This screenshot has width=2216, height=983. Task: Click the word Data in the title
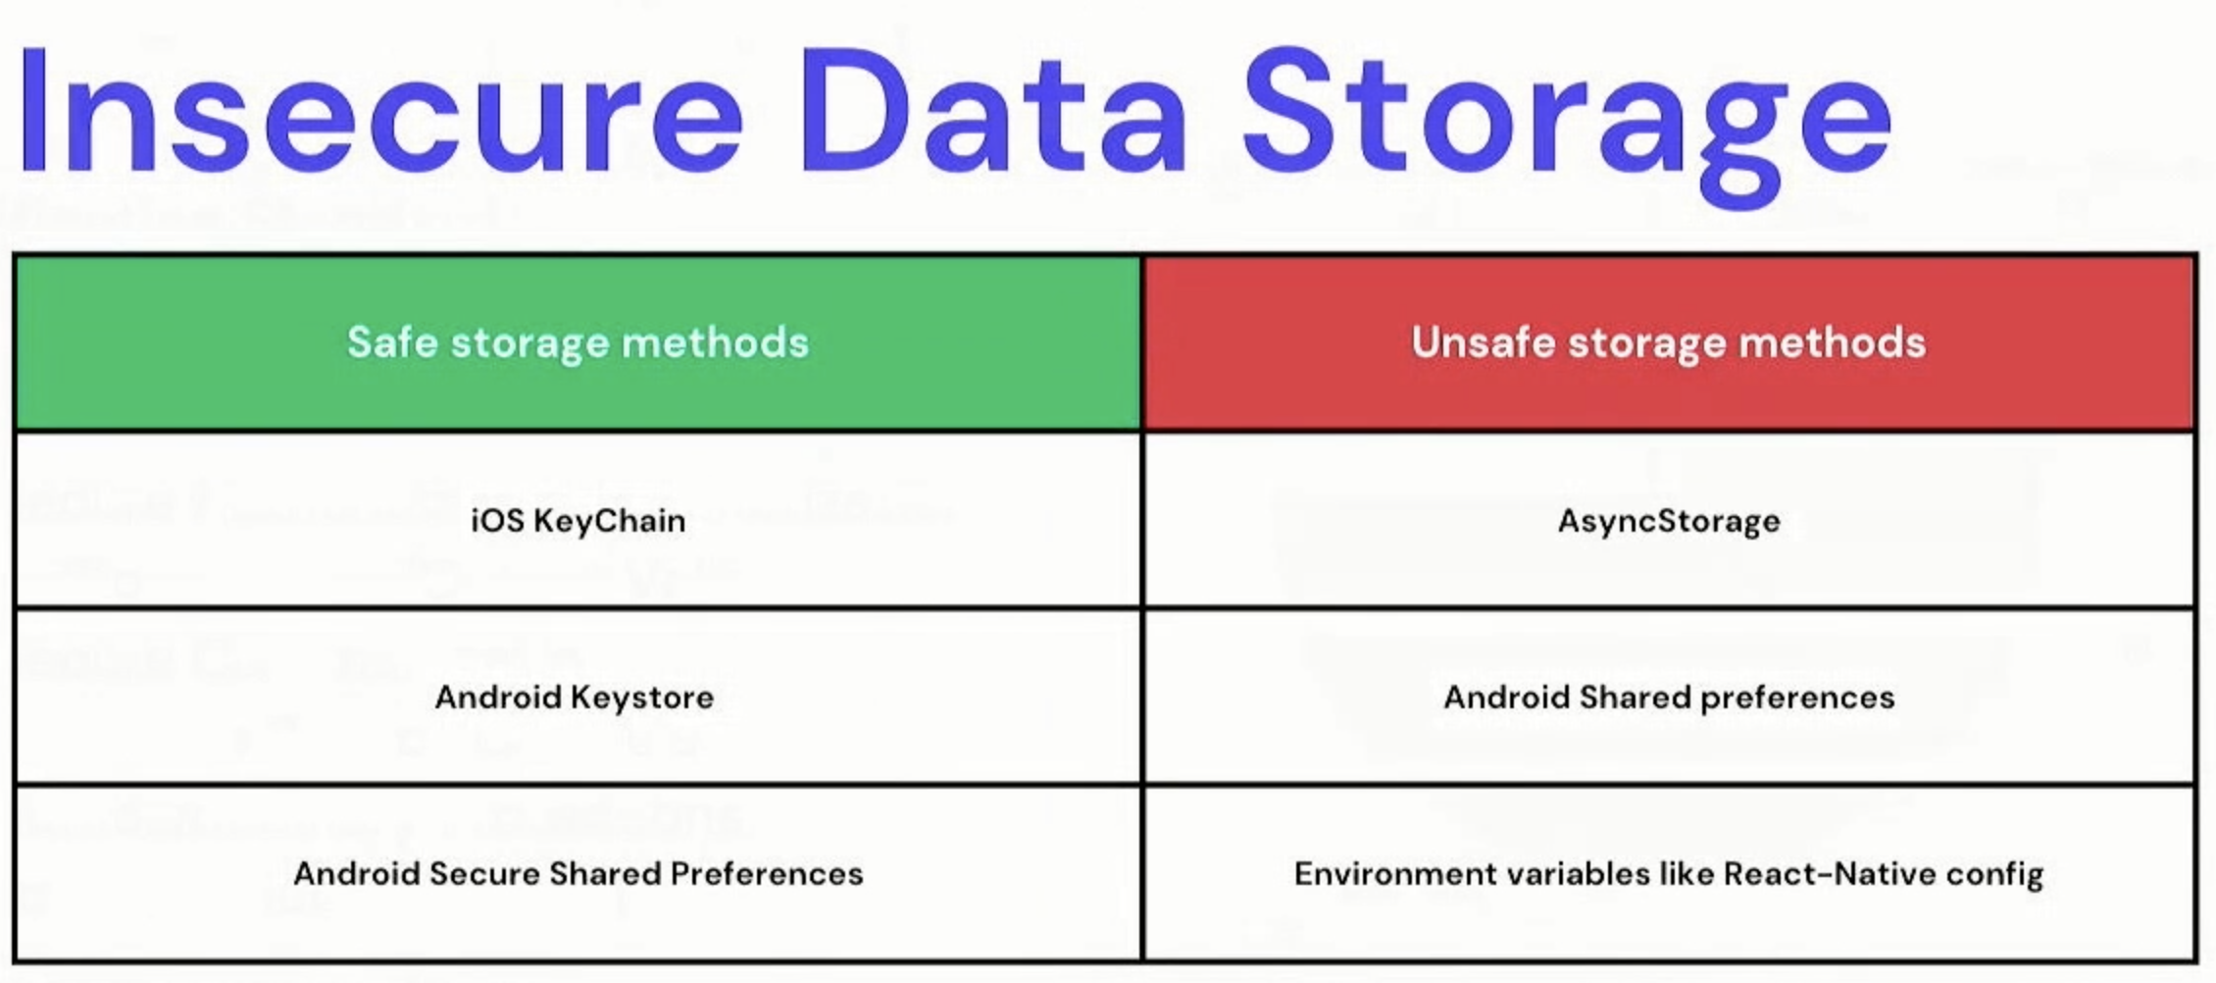click(x=993, y=111)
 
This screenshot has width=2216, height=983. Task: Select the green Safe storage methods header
click(x=579, y=343)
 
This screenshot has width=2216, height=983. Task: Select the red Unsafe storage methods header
click(x=1669, y=343)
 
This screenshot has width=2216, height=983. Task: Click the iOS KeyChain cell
click(x=579, y=521)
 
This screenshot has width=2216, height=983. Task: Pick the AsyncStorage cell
click(x=1669, y=521)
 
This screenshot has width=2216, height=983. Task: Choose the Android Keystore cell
click(x=579, y=698)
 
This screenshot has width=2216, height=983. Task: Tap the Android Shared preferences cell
click(x=1669, y=698)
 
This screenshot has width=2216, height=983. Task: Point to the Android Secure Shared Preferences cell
click(x=579, y=874)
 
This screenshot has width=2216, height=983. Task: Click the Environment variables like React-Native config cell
click(x=1669, y=874)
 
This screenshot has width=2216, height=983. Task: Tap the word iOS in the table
click(x=498, y=520)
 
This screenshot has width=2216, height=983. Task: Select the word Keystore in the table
click(x=642, y=698)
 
